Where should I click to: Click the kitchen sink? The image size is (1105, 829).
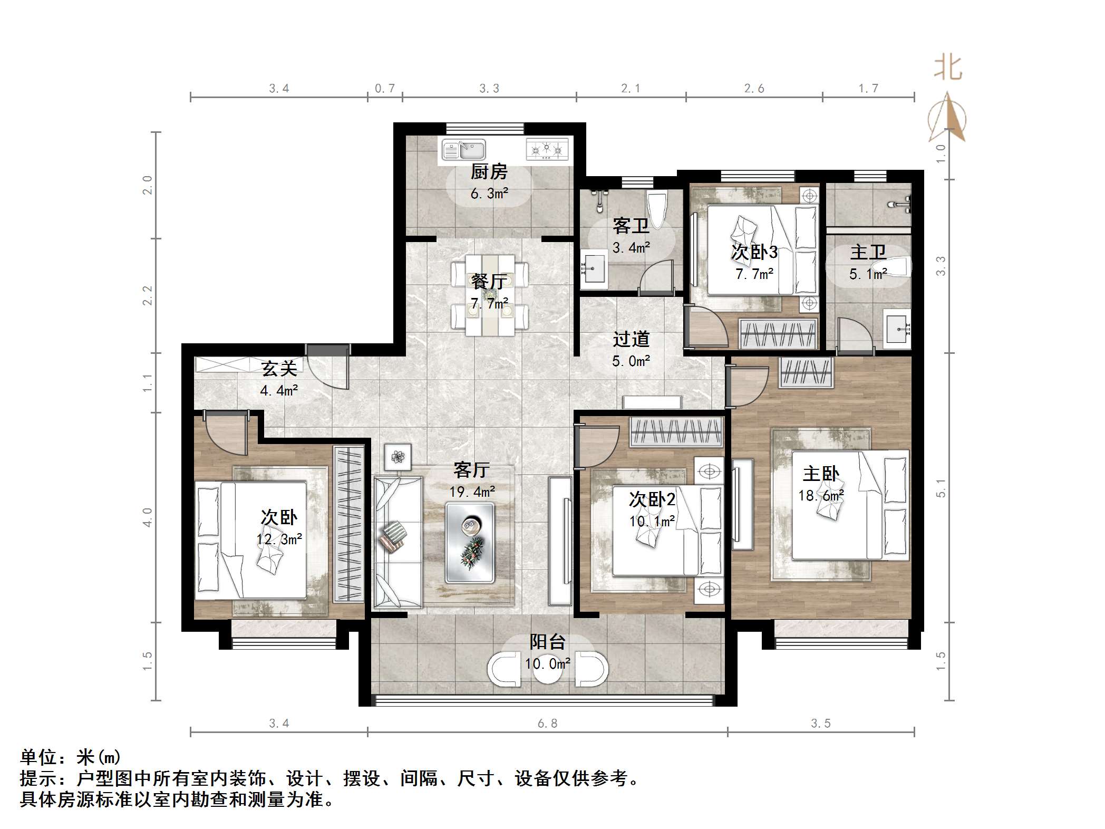463,149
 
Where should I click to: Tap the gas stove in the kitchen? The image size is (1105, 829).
548,149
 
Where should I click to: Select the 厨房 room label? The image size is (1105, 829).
489,171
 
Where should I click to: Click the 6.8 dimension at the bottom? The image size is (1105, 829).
547,723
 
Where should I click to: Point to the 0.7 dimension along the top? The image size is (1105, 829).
385,88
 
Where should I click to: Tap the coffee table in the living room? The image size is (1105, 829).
470,542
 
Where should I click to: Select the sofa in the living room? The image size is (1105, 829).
398,542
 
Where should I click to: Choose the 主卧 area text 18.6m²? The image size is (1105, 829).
821,496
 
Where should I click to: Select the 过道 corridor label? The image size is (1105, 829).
631,339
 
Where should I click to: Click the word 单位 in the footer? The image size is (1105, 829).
38,757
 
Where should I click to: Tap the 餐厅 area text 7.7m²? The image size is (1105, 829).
489,303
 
